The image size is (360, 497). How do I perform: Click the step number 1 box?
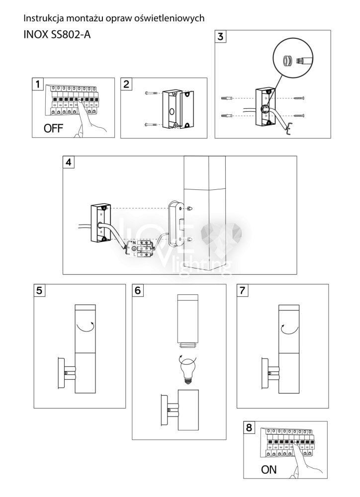(x=38, y=84)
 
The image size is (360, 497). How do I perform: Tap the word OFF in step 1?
(x=53, y=128)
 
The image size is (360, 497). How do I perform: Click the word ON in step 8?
(x=269, y=470)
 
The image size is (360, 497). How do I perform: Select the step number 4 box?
(x=69, y=163)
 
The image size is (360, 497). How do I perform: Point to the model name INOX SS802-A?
(x=57, y=34)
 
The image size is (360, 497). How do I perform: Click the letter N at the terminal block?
(x=134, y=243)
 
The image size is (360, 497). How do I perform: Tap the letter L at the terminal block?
(x=134, y=254)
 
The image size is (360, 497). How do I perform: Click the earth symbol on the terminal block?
(x=134, y=249)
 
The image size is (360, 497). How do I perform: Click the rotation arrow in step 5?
(x=85, y=328)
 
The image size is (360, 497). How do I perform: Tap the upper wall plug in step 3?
(x=226, y=98)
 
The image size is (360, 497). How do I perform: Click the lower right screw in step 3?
(x=299, y=116)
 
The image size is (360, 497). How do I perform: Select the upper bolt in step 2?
(x=151, y=93)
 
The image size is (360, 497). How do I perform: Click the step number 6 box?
(x=138, y=290)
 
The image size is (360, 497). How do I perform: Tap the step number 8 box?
(x=249, y=427)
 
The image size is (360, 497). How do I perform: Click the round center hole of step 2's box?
(x=171, y=112)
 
